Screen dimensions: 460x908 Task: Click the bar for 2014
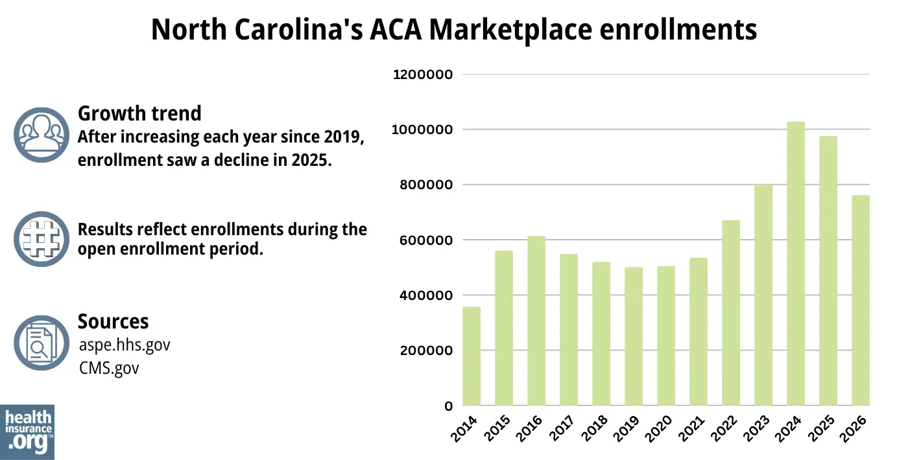coord(472,356)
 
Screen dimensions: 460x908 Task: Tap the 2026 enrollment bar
coord(861,301)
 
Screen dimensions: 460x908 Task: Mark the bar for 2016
coord(536,321)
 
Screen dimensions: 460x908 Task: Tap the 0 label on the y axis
coord(448,406)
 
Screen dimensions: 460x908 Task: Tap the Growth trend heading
coord(139,113)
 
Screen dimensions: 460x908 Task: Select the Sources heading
coord(113,321)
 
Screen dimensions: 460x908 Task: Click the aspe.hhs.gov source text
coord(125,345)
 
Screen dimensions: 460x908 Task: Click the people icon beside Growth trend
coord(41,135)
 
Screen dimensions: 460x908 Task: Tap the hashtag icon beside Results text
coord(41,238)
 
